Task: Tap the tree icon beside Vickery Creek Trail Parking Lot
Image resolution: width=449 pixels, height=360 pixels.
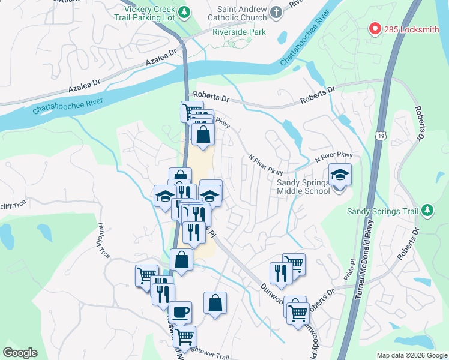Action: (x=185, y=11)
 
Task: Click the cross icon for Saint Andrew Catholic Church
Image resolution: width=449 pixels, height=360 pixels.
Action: (x=276, y=12)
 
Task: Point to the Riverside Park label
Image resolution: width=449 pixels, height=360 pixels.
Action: (x=238, y=32)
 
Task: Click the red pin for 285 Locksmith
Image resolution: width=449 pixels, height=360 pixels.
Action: (x=375, y=28)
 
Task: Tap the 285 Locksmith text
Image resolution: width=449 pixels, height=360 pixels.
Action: (x=412, y=29)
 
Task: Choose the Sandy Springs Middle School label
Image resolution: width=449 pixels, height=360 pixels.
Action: (x=303, y=186)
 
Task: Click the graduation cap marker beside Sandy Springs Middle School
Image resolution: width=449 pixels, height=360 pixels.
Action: (x=340, y=175)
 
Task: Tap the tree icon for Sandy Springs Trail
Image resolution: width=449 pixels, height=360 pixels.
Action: (x=427, y=209)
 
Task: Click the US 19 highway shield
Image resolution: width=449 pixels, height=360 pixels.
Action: (x=381, y=137)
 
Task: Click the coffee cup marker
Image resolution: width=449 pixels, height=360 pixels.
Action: (x=180, y=312)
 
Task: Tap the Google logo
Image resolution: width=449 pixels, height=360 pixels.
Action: (x=20, y=353)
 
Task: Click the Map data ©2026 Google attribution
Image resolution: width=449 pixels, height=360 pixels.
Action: (x=412, y=355)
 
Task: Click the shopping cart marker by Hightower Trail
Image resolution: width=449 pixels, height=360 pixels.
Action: (x=184, y=337)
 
